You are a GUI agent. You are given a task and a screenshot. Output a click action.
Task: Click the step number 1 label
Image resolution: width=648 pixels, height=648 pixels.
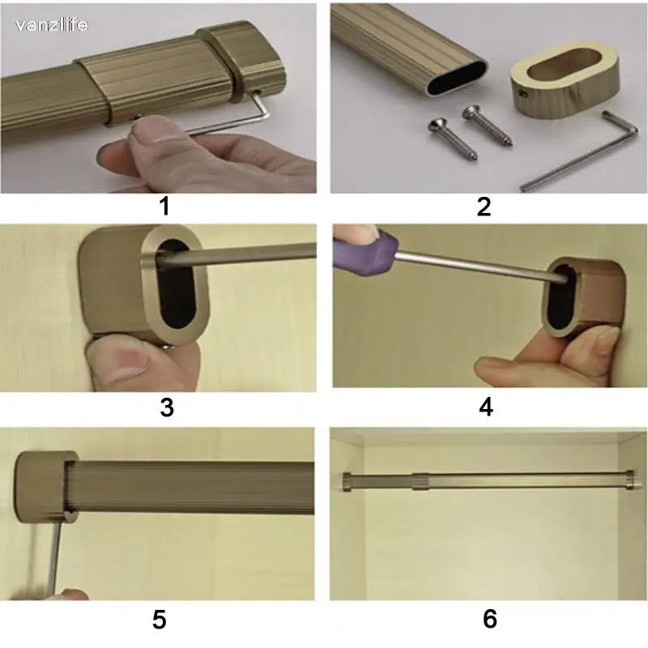[x=164, y=207]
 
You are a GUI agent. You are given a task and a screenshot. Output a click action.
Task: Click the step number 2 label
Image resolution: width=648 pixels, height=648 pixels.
[x=484, y=207]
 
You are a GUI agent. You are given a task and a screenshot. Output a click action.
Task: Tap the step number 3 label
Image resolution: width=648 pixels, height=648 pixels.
[x=166, y=407]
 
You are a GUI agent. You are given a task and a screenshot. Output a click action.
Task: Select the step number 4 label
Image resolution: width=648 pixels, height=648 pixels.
[x=485, y=407]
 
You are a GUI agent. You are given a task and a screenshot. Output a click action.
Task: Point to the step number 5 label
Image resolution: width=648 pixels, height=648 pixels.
[x=160, y=620]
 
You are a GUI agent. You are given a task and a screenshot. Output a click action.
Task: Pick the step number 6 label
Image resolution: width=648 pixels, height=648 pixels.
[x=489, y=620]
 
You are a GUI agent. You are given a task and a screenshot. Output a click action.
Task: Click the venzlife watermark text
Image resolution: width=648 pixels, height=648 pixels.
[x=51, y=25]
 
